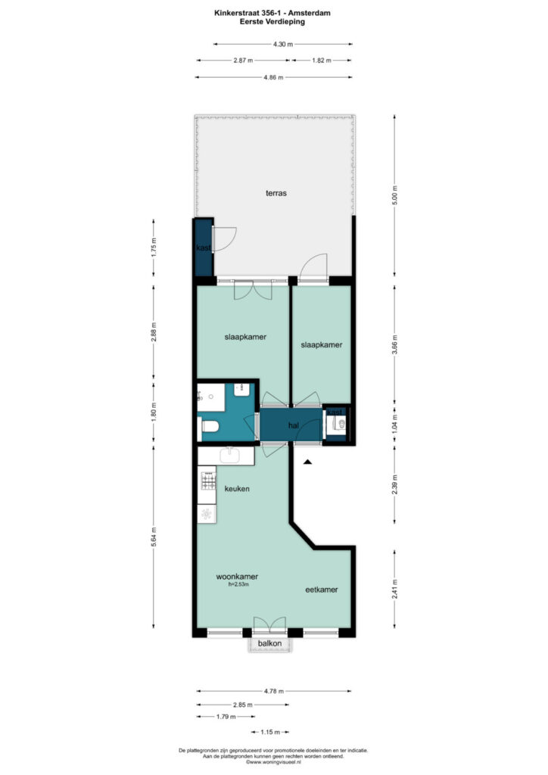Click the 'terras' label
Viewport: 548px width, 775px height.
[x=276, y=193]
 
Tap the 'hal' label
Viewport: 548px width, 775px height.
[x=294, y=425]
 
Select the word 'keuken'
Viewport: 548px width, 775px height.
[x=237, y=489]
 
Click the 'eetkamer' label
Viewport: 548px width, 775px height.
[x=321, y=590]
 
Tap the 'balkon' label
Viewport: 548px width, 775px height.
[x=269, y=644]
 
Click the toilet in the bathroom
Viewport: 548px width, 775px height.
[x=209, y=427]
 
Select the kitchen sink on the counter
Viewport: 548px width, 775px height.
[x=229, y=455]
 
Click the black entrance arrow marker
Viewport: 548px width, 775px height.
[x=307, y=462]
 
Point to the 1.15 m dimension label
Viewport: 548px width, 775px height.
[x=270, y=732]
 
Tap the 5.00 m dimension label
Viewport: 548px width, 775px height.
[x=394, y=195]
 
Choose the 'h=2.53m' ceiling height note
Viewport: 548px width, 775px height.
[x=233, y=584]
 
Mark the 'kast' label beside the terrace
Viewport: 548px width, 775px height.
[x=203, y=248]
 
